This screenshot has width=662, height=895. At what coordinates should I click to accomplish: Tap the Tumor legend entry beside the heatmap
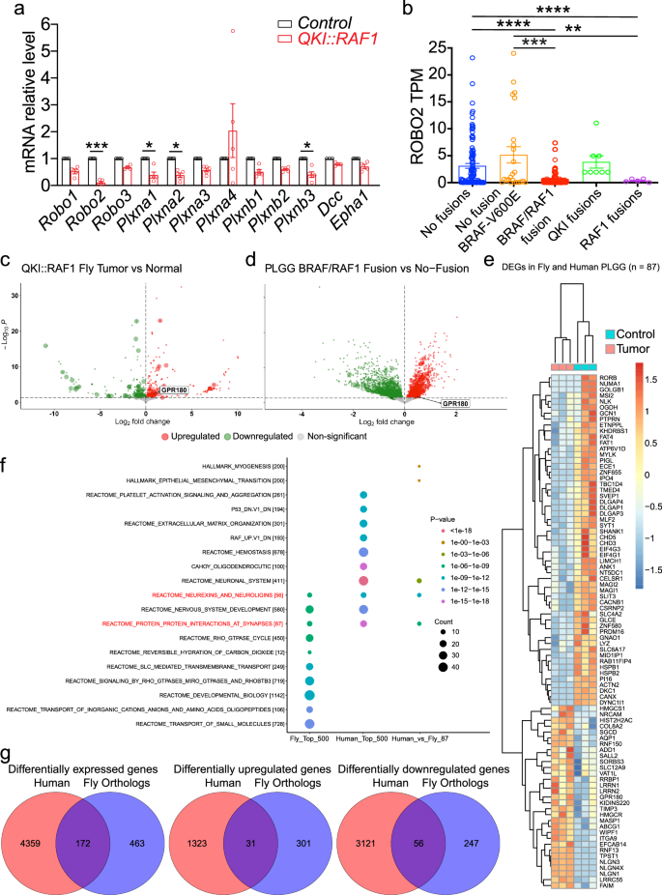pyautogui.click(x=627, y=346)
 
